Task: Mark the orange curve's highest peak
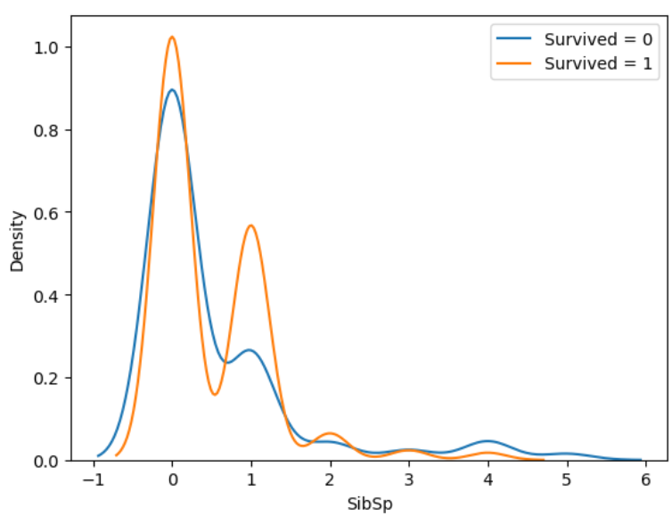point(172,37)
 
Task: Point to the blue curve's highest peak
point(173,90)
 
